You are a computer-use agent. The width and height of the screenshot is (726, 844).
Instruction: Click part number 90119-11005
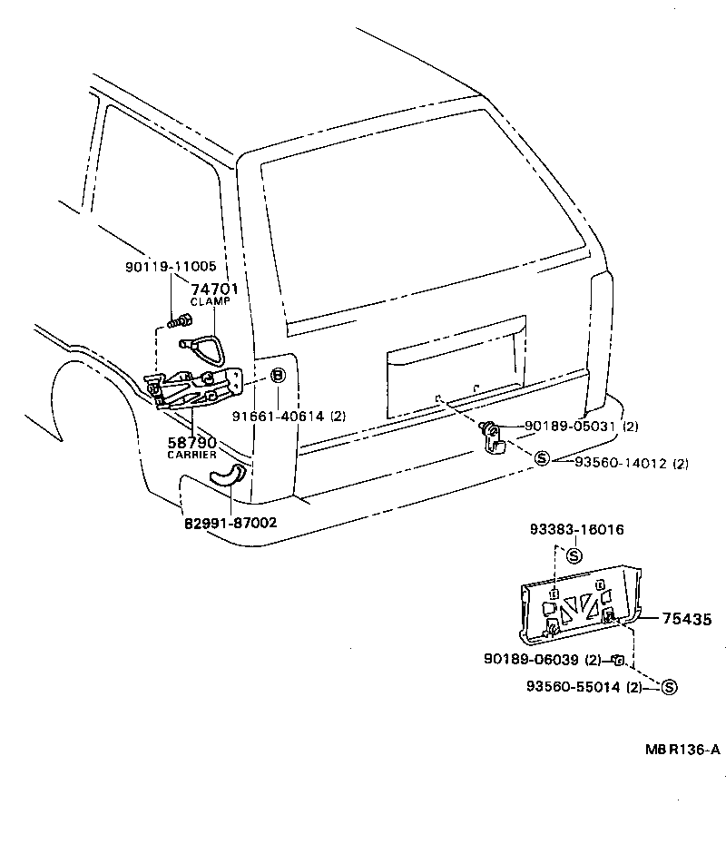point(171,267)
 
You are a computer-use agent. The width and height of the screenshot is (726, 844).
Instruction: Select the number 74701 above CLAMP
point(214,289)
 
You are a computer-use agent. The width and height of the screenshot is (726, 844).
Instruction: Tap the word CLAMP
point(211,301)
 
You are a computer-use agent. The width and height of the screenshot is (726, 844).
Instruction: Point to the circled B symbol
point(279,376)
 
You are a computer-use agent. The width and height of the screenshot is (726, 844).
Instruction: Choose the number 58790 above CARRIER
point(191,442)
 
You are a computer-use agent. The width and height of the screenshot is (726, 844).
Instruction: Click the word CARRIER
point(191,455)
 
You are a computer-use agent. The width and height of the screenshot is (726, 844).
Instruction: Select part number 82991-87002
point(231,523)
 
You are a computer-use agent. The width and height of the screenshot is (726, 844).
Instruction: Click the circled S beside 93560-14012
point(542,460)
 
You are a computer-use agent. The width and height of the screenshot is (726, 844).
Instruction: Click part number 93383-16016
point(577,529)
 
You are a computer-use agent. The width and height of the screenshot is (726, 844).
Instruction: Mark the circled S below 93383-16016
point(574,554)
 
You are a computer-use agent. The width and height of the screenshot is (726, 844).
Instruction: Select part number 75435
point(686,619)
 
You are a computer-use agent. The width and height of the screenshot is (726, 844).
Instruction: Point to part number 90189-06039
point(543,660)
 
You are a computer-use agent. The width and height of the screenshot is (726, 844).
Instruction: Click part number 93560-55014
point(585,687)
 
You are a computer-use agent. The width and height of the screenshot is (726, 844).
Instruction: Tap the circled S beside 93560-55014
point(669,687)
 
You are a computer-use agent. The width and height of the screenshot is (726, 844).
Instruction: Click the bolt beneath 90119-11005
point(181,319)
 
